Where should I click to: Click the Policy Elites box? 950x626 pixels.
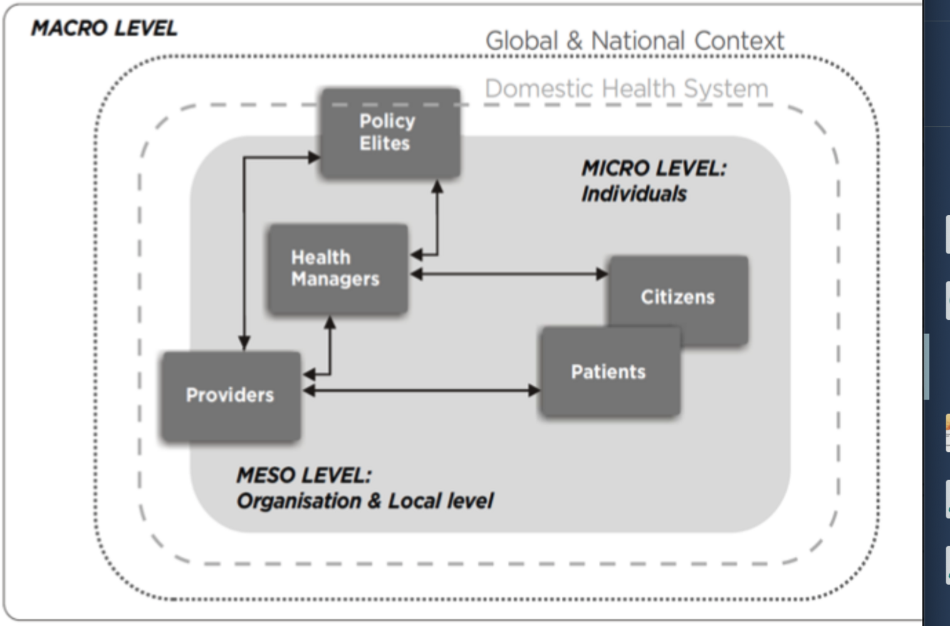click(389, 132)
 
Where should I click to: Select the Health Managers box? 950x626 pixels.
click(337, 268)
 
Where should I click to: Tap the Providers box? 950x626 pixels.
click(230, 395)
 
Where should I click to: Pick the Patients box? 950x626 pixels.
click(609, 371)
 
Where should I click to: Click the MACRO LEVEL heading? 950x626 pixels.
click(104, 29)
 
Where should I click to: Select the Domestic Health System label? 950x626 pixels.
click(627, 89)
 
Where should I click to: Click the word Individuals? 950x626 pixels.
click(633, 194)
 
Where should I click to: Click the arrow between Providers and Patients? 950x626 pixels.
click(420, 390)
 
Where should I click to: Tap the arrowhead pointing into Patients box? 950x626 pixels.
click(534, 390)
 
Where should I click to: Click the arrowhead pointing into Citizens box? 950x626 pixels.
click(602, 273)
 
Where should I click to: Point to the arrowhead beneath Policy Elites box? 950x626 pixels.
click(437, 184)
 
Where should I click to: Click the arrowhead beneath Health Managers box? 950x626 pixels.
click(330, 321)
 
